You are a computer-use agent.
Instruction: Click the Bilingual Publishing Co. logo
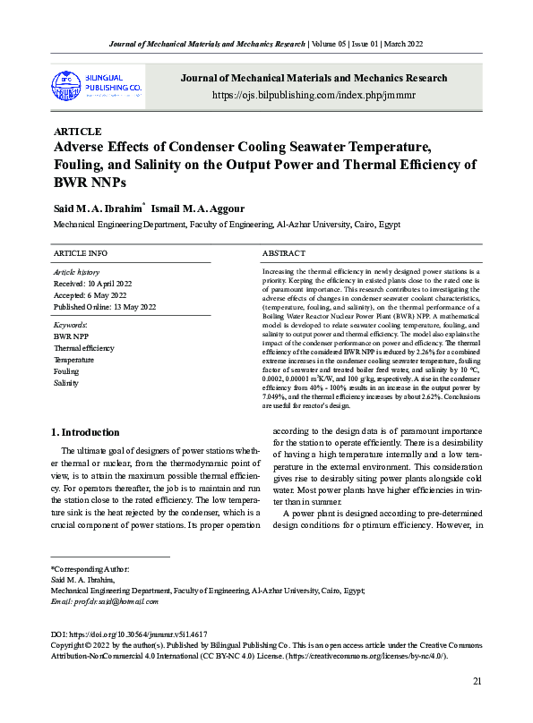98,85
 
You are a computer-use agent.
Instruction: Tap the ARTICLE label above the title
78,132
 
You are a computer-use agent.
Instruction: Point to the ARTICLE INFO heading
81,254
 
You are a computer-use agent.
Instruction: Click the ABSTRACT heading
283,254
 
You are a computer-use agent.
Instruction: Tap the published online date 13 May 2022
105,307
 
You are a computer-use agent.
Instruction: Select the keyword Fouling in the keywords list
66,370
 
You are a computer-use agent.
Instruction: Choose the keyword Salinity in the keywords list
66,382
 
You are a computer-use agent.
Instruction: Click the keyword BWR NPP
68,336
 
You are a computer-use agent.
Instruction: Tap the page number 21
477,682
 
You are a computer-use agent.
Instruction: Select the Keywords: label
71,324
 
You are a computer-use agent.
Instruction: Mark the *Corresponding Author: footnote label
90,568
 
